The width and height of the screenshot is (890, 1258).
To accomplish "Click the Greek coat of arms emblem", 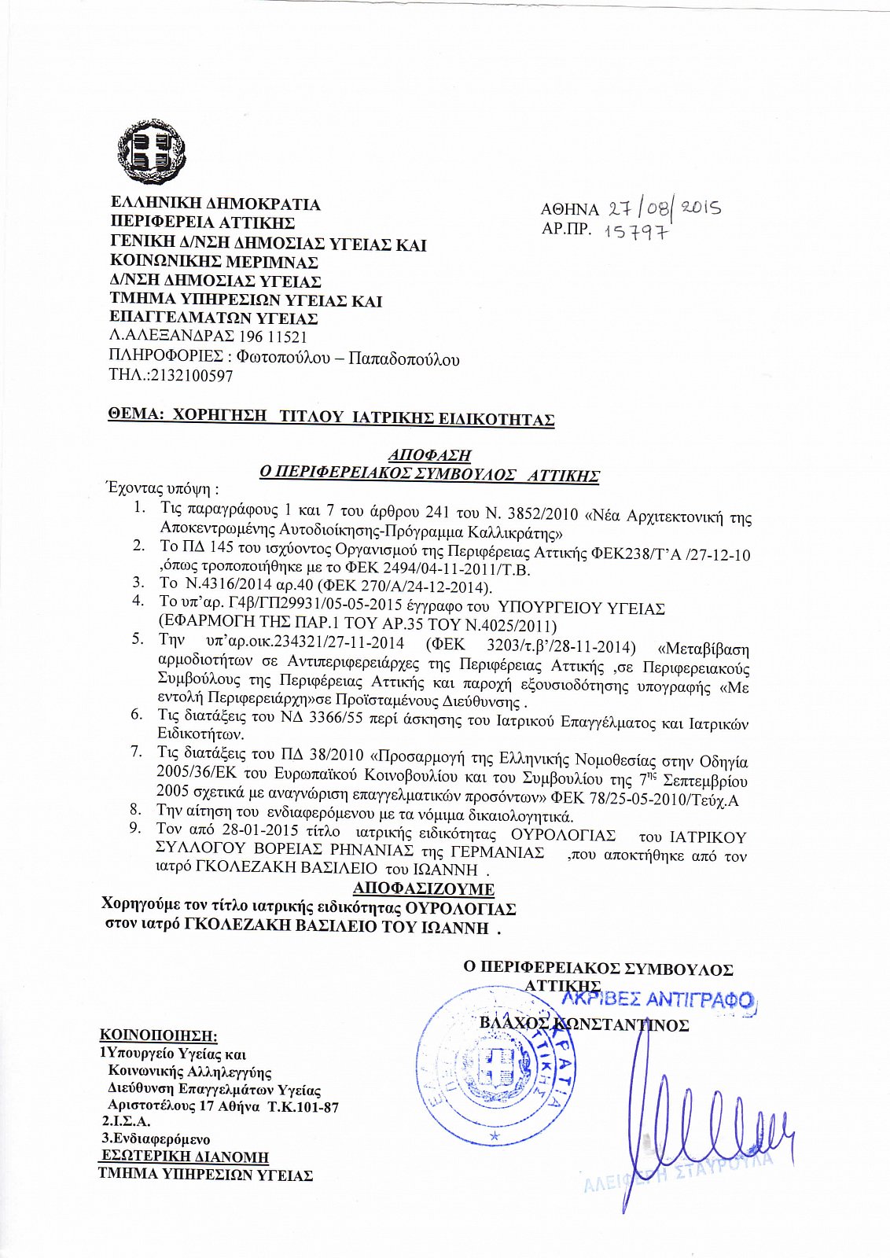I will (152, 153).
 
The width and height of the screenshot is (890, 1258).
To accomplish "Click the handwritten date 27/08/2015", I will (662, 208).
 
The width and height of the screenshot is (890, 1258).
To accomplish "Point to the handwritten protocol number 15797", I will (636, 232).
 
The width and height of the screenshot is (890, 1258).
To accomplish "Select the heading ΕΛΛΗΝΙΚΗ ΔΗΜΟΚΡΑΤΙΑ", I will (215, 204).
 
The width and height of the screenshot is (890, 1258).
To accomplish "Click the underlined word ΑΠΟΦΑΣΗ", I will (430, 455).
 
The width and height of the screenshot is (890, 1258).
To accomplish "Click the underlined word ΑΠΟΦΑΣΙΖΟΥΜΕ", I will (424, 889).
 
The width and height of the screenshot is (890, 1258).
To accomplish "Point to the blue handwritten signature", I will (692, 1124).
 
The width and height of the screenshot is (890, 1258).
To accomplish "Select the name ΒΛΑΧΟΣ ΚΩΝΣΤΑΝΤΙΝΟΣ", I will (584, 1024).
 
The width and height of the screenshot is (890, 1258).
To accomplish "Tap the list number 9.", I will (136, 828).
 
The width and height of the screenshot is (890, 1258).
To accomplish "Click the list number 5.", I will (138, 638).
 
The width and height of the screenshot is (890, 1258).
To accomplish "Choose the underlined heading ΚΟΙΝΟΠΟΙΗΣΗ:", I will (158, 1035).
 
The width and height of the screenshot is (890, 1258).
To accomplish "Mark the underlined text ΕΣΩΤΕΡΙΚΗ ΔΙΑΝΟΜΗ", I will (185, 1157).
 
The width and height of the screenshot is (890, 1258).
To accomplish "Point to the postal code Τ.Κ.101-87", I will (303, 1107).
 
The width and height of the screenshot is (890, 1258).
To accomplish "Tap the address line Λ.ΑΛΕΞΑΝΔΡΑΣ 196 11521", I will (208, 337).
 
